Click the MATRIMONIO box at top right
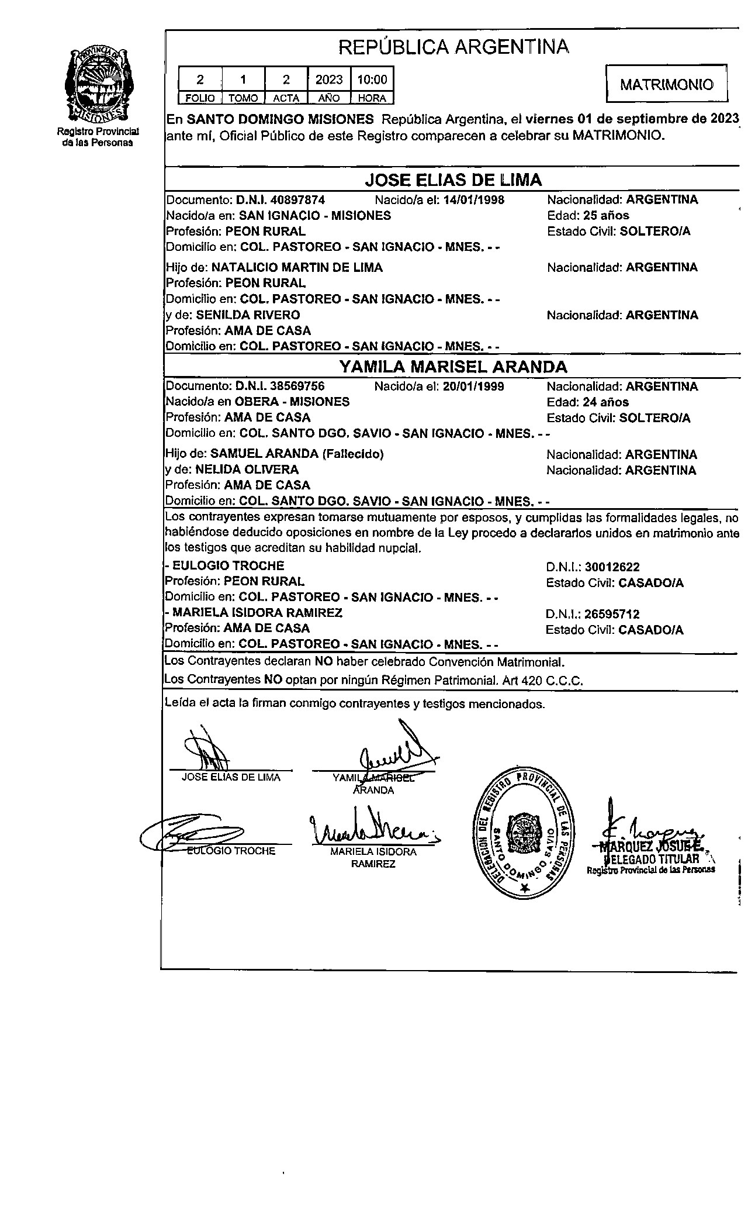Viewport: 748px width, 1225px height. [x=667, y=85]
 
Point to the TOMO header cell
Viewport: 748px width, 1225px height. [x=243, y=98]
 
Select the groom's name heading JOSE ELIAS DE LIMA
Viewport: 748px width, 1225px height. [x=453, y=180]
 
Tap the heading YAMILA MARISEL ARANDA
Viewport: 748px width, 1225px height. [x=453, y=367]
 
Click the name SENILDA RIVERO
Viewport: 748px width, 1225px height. [x=248, y=315]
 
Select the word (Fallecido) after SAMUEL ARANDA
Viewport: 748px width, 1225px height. [x=353, y=454]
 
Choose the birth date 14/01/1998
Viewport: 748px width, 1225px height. [x=474, y=199]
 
